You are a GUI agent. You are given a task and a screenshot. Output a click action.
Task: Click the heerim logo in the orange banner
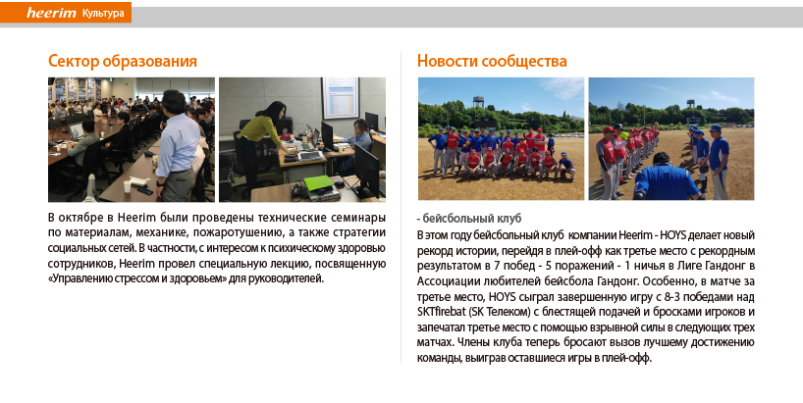click(51, 13)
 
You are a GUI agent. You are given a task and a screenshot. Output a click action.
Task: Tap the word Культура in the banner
click(103, 14)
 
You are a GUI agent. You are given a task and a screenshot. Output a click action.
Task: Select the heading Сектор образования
click(123, 61)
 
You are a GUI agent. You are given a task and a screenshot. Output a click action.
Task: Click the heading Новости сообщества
click(492, 61)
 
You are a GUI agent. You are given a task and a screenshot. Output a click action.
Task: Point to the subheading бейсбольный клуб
click(471, 219)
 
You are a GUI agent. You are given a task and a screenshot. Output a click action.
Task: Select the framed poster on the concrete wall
click(340, 98)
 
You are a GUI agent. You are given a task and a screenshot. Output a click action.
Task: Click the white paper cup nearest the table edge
click(127, 186)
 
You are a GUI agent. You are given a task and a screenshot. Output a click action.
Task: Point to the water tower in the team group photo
click(479, 102)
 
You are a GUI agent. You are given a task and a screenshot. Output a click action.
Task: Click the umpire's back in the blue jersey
click(663, 179)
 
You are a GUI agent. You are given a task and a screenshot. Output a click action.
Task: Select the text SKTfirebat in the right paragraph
click(442, 312)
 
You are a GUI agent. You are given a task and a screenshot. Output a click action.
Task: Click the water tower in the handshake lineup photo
click(690, 104)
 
